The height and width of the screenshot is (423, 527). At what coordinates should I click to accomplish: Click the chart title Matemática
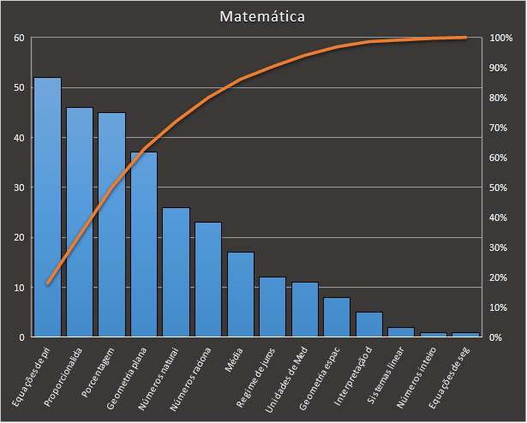click(x=262, y=16)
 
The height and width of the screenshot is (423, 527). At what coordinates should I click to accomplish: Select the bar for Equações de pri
click(x=48, y=207)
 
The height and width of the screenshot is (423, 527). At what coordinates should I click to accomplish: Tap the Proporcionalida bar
click(x=80, y=222)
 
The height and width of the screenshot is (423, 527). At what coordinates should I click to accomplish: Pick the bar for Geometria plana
click(x=144, y=244)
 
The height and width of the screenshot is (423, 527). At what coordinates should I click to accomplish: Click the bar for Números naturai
click(x=177, y=272)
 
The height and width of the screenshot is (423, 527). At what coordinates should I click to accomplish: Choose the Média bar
click(x=241, y=295)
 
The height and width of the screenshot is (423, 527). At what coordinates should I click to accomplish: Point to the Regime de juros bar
click(x=272, y=307)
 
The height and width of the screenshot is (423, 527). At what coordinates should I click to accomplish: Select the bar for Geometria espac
click(x=337, y=317)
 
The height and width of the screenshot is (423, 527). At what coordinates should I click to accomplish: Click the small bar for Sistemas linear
click(x=401, y=332)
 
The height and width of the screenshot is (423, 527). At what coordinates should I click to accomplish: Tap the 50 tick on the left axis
click(x=19, y=87)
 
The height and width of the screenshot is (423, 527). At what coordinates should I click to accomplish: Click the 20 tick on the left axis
click(x=19, y=237)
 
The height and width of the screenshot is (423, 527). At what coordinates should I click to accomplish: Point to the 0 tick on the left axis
click(x=21, y=337)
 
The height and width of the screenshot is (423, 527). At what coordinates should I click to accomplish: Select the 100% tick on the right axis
click(x=500, y=38)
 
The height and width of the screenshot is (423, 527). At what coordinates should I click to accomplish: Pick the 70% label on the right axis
click(x=498, y=128)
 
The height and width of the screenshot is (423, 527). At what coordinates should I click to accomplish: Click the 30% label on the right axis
click(x=498, y=248)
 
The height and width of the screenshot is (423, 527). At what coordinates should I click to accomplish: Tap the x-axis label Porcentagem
click(x=98, y=372)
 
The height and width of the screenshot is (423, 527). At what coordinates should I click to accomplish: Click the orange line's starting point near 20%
click(x=48, y=283)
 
